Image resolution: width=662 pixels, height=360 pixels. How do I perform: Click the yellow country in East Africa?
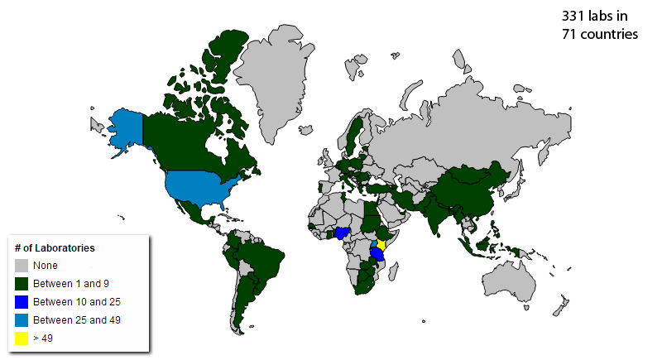(x=382, y=246)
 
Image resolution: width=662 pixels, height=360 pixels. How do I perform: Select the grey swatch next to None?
(x=22, y=266)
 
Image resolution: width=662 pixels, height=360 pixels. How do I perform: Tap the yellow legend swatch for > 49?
(x=22, y=338)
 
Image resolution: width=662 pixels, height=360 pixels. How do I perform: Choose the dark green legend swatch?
(x=22, y=284)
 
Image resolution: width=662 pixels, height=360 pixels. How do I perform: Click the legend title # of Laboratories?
(x=55, y=248)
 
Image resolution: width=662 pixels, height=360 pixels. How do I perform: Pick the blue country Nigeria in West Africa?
(x=342, y=233)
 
